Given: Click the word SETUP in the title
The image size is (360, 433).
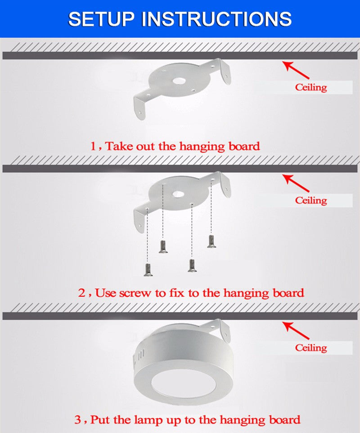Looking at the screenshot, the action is coord(101,19).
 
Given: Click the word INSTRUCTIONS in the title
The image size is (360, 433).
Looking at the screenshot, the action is coord(217,19).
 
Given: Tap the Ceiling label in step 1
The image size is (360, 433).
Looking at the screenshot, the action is coord(311,87).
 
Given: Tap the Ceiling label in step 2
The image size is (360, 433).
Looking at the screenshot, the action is coord(311,200).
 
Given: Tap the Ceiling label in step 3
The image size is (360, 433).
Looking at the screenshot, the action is coord(311,348).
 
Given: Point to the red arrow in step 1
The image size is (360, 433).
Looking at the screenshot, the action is coord(296,70).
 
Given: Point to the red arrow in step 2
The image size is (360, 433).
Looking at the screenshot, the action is coord(296,183).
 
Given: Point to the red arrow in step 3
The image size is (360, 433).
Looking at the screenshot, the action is coord(296,330).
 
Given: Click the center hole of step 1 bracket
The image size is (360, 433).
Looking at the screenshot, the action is coord(179,81).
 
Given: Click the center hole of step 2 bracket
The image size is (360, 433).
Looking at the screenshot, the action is coord(179,194).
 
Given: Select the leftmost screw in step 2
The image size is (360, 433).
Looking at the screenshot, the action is coord(148,270).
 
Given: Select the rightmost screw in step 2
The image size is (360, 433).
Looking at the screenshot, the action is coord(211,241).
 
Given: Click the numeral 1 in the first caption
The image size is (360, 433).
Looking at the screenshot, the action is coord(94,146).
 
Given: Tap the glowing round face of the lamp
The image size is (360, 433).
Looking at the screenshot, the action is coord(184,384).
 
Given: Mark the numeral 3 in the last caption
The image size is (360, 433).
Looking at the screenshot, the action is coord(78,420).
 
